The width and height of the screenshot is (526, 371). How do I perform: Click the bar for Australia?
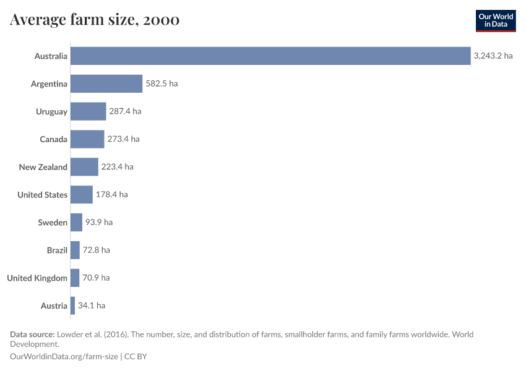pyautogui.click(x=270, y=56)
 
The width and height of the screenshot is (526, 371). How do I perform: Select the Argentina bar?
pyautogui.click(x=106, y=83)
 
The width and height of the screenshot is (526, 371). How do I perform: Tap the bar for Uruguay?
pyautogui.click(x=88, y=111)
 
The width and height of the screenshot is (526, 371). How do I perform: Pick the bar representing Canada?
pyautogui.click(x=87, y=139)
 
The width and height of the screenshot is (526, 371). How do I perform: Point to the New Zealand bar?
pyautogui.click(x=84, y=167)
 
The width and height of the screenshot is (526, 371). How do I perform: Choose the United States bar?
pyautogui.click(x=82, y=195)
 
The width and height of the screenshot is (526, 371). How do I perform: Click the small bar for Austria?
pyautogui.click(x=73, y=305)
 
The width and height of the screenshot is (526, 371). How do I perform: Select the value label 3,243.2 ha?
pyautogui.click(x=493, y=56)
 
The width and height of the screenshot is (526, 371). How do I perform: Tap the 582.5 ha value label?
pyautogui.click(x=162, y=83)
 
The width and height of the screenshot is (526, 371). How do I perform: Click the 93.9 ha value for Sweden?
pyautogui.click(x=99, y=223)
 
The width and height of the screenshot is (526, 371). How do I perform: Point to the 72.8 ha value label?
pyautogui.click(x=97, y=250)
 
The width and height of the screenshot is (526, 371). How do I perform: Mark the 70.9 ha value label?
pyautogui.click(x=96, y=278)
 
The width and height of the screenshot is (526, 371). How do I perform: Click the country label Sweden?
pyautogui.click(x=53, y=223)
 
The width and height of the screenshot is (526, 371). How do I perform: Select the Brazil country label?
pyautogui.click(x=57, y=250)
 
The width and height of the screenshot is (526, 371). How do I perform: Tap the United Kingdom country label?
pyautogui.click(x=37, y=278)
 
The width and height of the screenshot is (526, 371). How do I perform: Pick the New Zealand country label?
pyautogui.click(x=43, y=167)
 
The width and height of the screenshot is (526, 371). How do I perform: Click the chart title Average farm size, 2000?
pyautogui.click(x=95, y=20)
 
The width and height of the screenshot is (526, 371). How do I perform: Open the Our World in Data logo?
pyautogui.click(x=496, y=20)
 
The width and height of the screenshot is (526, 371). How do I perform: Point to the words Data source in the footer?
pyautogui.click(x=32, y=335)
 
